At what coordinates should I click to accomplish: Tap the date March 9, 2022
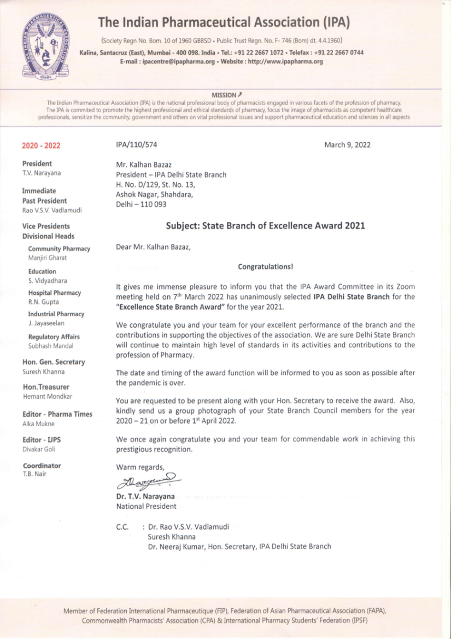click(x=347, y=145)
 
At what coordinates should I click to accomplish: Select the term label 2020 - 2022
click(x=41, y=146)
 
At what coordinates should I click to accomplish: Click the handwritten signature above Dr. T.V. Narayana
click(x=148, y=482)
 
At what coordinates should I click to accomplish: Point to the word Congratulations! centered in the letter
click(x=266, y=267)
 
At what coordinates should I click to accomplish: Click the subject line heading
click(x=265, y=225)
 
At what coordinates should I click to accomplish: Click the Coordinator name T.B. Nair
click(x=34, y=474)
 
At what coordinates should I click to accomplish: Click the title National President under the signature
click(x=146, y=507)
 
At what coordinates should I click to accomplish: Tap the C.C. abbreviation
click(x=123, y=527)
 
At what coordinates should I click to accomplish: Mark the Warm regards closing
click(x=140, y=467)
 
